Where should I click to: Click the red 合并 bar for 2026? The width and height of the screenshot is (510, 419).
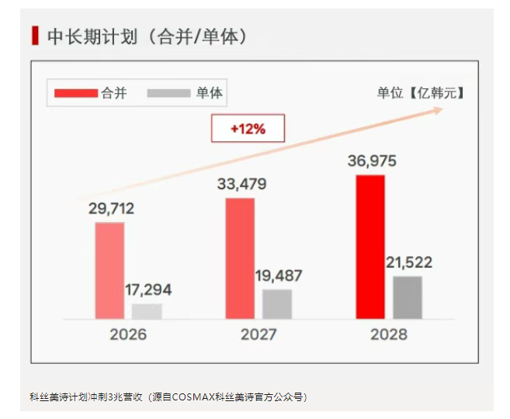tap(109, 270)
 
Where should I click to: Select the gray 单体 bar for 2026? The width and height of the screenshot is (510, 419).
tap(147, 311)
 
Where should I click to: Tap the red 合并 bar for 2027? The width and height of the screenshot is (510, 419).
tap(240, 258)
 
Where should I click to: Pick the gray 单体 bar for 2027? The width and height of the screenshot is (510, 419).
tap(277, 303)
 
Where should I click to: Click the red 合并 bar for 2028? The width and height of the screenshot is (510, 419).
tap(370, 247)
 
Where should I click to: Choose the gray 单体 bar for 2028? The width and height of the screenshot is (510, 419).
tap(408, 297)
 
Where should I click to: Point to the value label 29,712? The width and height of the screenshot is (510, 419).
tap(111, 208)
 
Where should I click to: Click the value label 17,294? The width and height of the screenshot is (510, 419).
tap(148, 290)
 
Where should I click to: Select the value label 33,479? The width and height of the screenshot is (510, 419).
tap(241, 184)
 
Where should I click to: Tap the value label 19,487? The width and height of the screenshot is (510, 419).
tap(279, 275)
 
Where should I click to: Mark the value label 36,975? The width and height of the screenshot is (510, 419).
tap(372, 161)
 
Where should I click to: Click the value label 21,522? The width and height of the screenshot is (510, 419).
tap(408, 262)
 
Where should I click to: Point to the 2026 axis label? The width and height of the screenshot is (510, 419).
tap(128, 335)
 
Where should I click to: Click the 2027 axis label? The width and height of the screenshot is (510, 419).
tap(258, 335)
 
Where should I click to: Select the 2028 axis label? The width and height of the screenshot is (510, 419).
tap(388, 335)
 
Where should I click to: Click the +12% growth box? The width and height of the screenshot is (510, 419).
tap(248, 129)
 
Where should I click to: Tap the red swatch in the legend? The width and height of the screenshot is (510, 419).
tap(76, 93)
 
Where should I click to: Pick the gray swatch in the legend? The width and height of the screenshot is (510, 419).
tap(168, 93)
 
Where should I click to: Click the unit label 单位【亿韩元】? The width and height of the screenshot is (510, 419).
tap(419, 93)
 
